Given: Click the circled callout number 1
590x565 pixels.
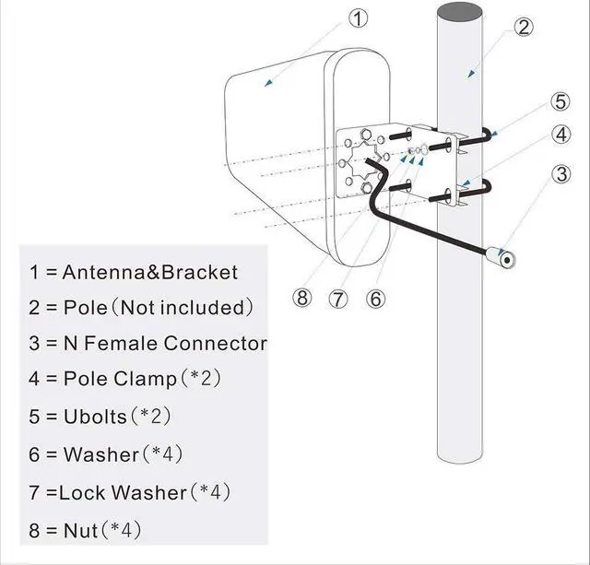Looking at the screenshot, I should tap(359, 18).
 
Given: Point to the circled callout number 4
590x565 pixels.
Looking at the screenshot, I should tap(560, 135).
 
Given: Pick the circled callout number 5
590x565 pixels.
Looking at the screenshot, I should tap(560, 100).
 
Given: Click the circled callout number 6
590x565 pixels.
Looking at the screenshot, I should tap(374, 299).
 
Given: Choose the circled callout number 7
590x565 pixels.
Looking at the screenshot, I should tap(339, 299).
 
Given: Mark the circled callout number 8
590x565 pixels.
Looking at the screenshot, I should tap(303, 299).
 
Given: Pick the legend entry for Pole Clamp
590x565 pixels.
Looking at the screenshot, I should tap(124, 379).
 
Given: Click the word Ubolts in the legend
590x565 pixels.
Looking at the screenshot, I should tap(95, 416).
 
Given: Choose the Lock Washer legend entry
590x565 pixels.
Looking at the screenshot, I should tap(129, 492).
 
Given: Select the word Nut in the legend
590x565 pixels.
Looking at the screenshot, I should tap(77, 530).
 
